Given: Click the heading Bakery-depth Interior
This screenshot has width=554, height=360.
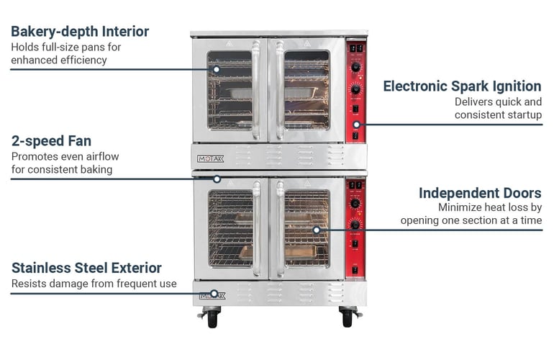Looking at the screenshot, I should point(80,32).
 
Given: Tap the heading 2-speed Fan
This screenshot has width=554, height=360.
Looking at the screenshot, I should point(51,140).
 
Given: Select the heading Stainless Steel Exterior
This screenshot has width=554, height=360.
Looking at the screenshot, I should point(86,268).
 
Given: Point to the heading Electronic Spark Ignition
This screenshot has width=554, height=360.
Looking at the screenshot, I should point(462,86).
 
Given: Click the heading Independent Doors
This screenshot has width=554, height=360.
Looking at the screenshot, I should point(480,193).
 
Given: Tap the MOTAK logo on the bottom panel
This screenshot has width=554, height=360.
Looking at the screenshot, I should point(213,294).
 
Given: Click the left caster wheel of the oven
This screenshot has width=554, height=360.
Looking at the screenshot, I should point(212,318).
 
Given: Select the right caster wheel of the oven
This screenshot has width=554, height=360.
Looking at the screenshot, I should point(348,318).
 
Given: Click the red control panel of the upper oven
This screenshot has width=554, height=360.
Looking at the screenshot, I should point(355,90).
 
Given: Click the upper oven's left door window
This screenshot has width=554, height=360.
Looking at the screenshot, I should point(230,90).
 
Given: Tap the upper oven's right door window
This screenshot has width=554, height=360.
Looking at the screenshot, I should point(306,90).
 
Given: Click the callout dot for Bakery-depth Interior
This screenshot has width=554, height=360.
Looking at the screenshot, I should point(216,70).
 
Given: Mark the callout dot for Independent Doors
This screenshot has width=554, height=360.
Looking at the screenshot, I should point(316,230).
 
